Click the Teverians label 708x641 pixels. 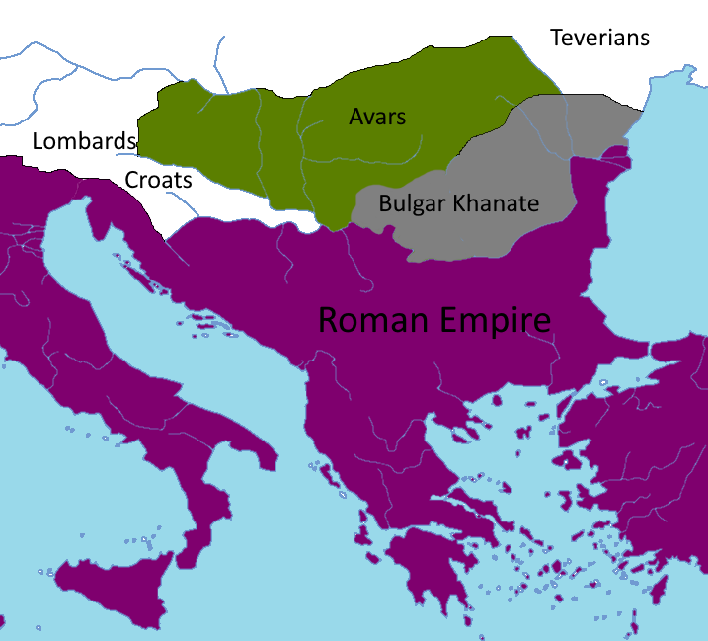coord(599,38)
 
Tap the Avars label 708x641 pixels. coord(377,117)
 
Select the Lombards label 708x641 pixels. coord(83,141)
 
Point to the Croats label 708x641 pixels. coord(158,181)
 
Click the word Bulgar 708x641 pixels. coord(412,204)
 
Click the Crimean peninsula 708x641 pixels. coord(681,94)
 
